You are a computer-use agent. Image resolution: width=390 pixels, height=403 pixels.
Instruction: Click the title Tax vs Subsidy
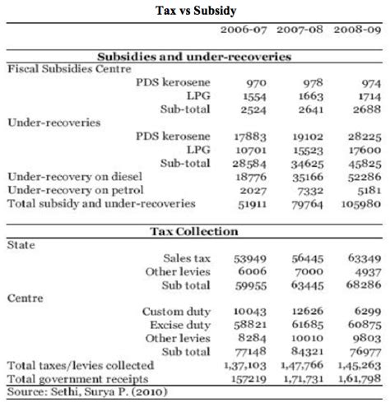(x=194, y=11)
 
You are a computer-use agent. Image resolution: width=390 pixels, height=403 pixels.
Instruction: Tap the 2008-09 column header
(x=360, y=30)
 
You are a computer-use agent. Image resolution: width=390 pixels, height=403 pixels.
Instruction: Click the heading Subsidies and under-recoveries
(x=194, y=57)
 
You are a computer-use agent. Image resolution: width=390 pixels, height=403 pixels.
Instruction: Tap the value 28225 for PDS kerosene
(x=362, y=136)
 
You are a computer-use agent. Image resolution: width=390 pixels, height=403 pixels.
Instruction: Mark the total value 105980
(x=360, y=201)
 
